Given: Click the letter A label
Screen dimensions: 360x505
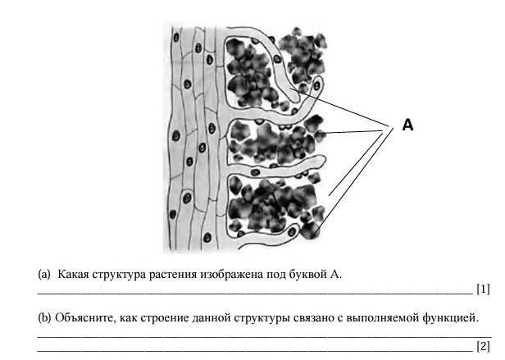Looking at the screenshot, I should (407, 125).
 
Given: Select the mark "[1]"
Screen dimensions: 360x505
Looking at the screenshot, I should (483, 289).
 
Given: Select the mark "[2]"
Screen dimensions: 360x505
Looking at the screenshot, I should (483, 345).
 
